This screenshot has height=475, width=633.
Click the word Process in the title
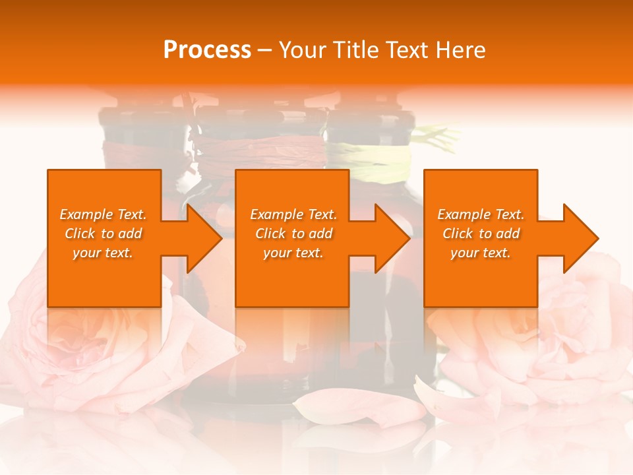207,50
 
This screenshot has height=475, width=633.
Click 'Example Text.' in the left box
104,214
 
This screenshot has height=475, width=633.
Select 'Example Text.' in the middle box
293,214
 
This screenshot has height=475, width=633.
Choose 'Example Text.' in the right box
481,214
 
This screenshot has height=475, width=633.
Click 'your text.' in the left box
104,253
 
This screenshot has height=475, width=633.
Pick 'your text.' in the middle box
293,253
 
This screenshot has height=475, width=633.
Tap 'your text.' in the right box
481,253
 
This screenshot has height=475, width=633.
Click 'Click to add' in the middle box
293,234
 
